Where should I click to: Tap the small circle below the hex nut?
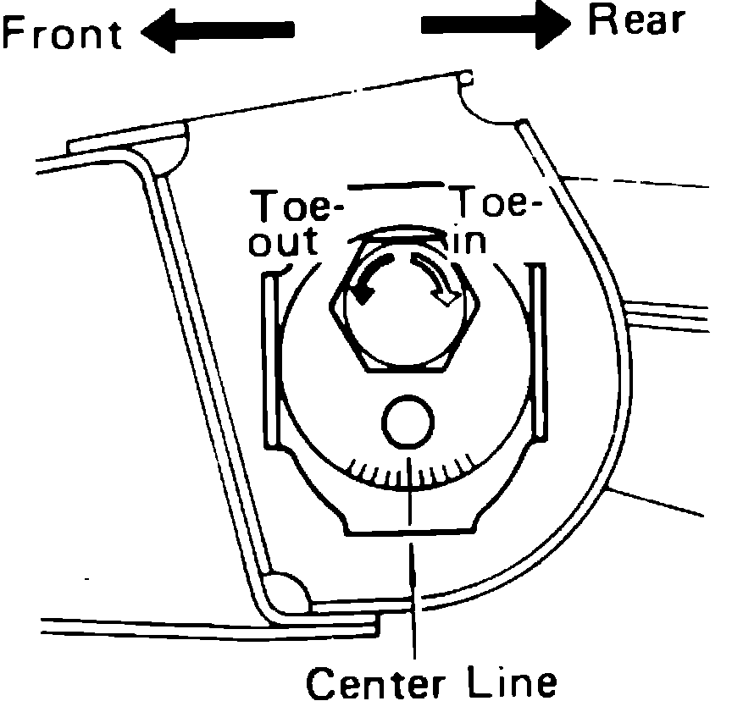(x=409, y=420)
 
